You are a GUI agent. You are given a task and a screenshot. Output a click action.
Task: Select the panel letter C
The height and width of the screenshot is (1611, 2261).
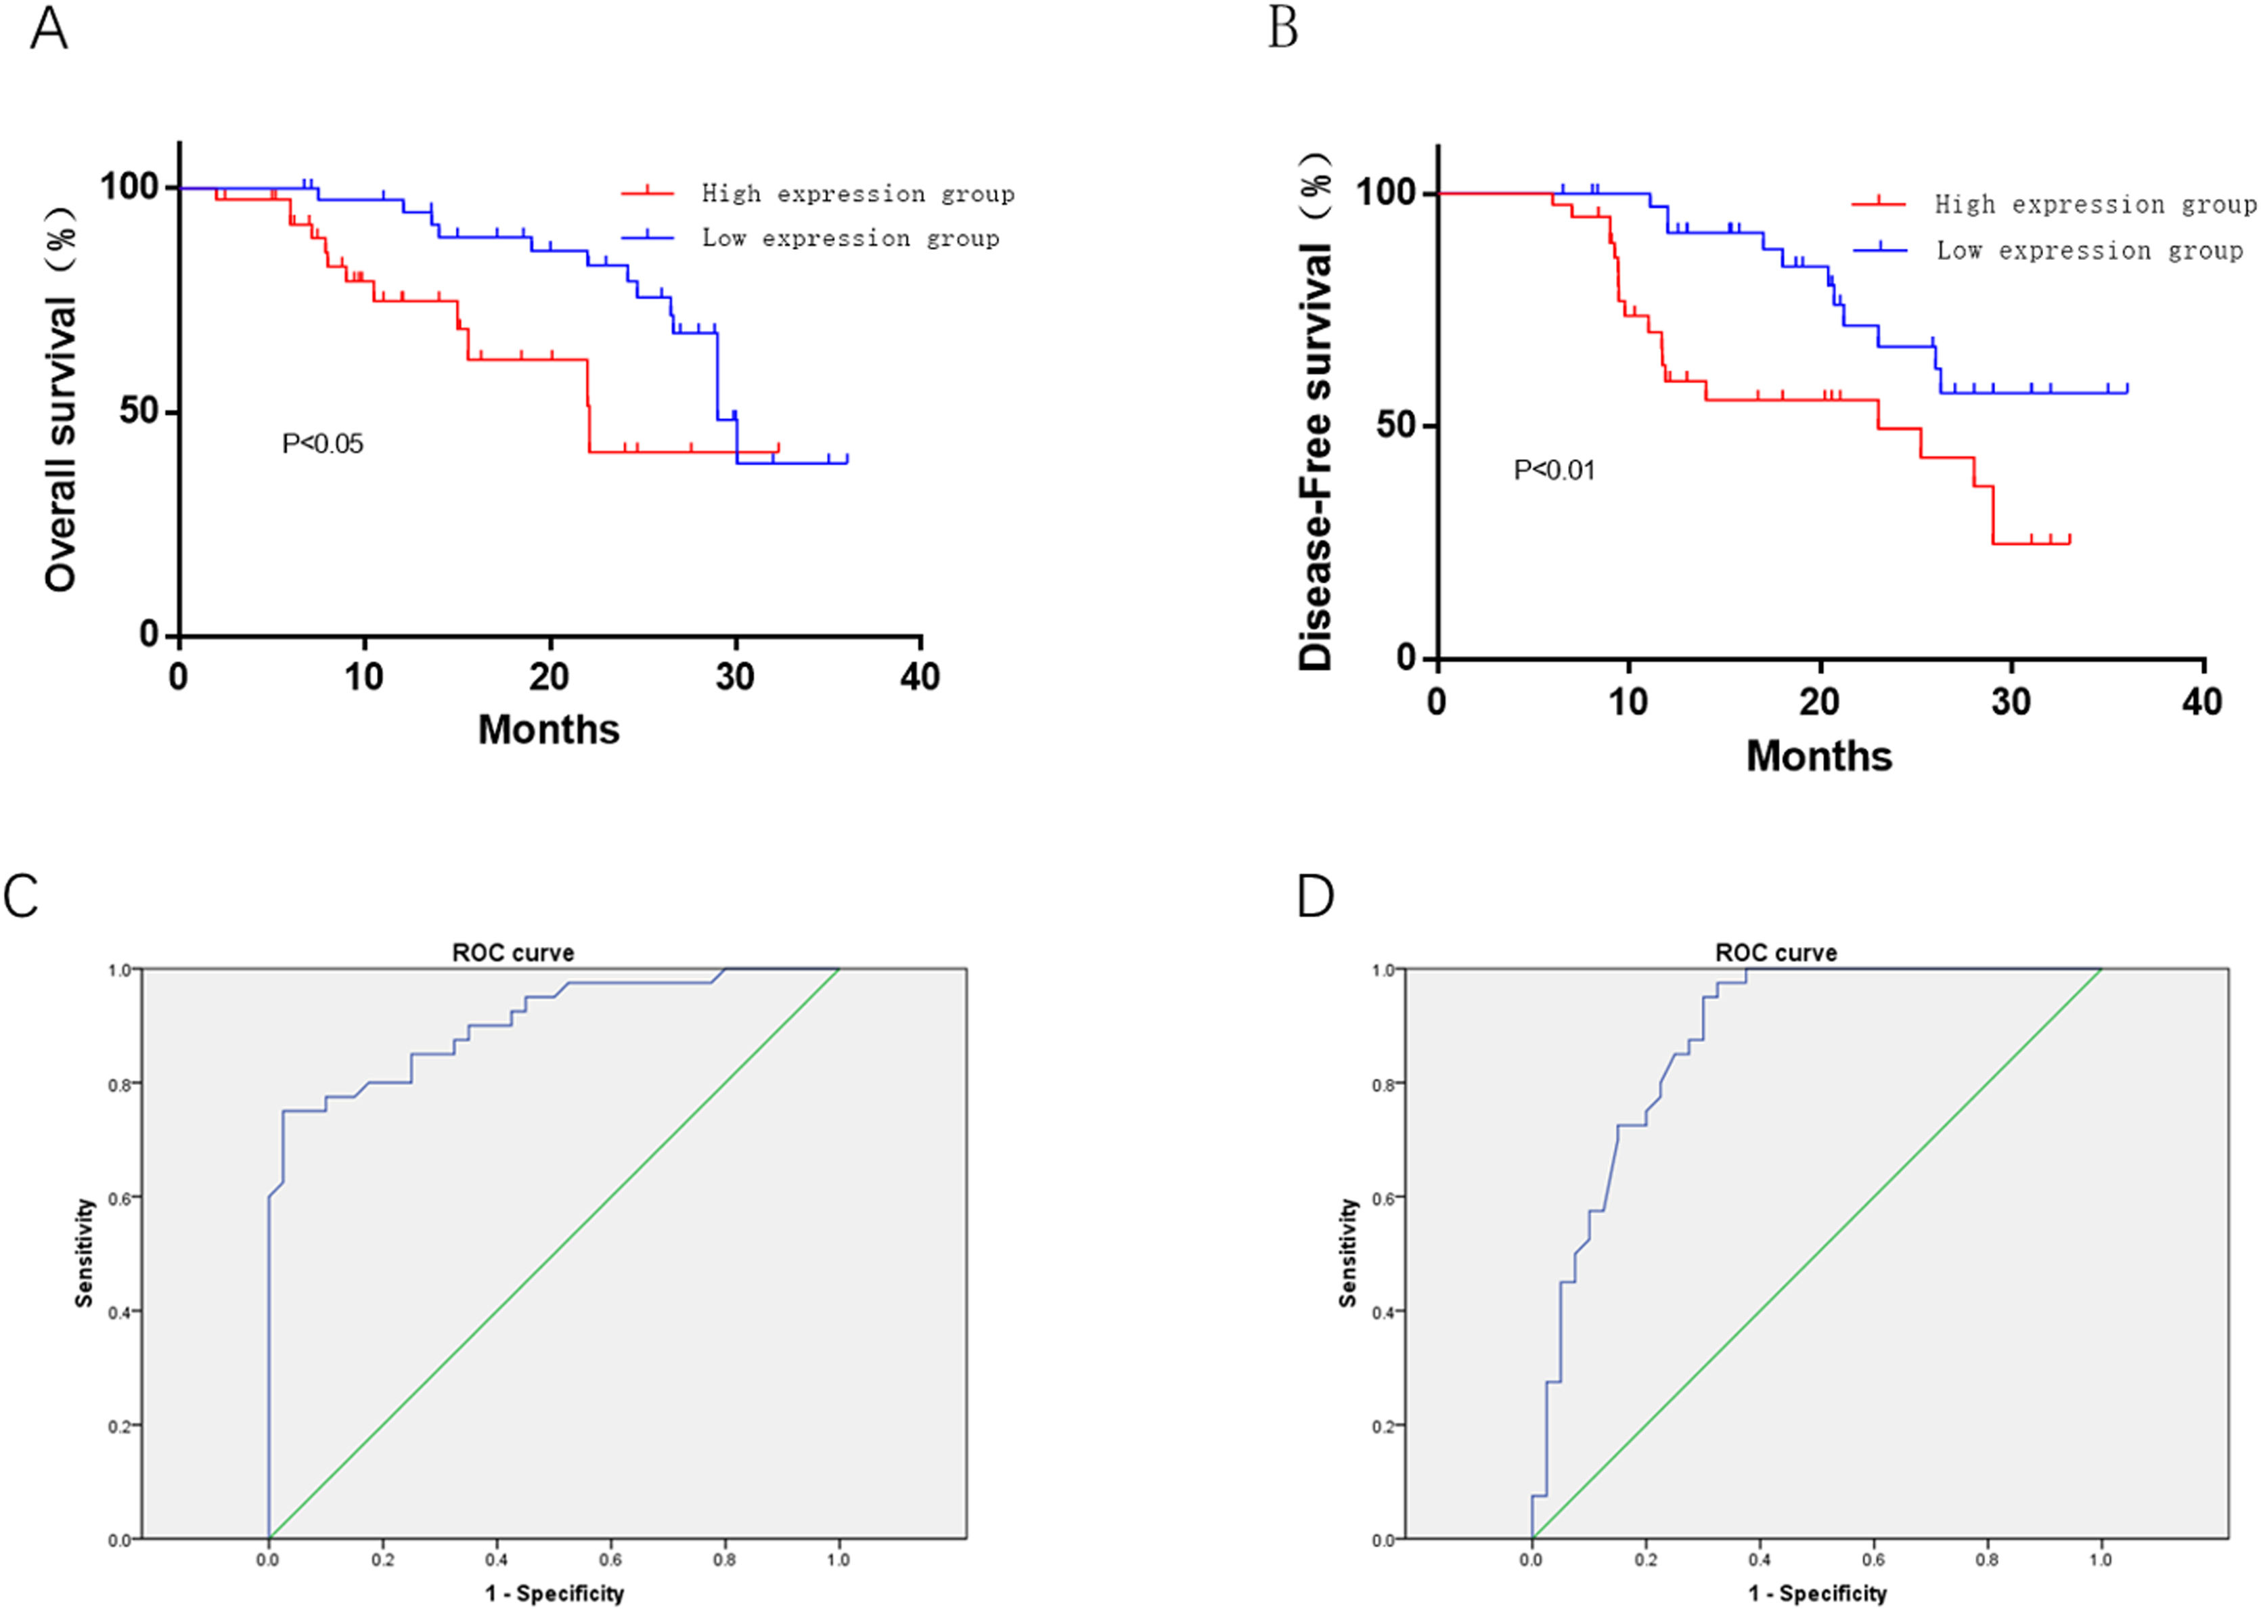[x=21, y=895]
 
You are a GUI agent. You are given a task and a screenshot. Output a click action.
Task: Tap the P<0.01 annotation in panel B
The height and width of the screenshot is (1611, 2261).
[x=1554, y=470]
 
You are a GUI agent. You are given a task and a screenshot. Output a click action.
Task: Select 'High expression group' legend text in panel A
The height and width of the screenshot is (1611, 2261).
[x=858, y=194]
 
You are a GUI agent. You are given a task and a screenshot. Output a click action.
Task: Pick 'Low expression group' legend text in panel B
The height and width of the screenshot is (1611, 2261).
[x=2089, y=251]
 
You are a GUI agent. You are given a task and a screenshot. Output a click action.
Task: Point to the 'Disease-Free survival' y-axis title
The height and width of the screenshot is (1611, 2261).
[x=1316, y=412]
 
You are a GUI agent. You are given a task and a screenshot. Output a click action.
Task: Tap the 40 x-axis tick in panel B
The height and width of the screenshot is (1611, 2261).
[x=2201, y=703]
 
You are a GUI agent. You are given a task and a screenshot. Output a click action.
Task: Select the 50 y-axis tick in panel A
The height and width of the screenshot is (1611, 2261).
[x=139, y=411]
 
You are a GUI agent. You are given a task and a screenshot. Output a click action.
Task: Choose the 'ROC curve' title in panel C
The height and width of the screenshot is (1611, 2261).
[x=513, y=952]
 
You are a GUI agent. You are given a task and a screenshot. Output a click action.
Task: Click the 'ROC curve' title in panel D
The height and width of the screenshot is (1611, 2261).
[x=1775, y=952]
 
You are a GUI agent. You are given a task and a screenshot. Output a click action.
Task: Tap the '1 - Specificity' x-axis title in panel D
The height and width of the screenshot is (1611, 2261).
[x=1817, y=1593]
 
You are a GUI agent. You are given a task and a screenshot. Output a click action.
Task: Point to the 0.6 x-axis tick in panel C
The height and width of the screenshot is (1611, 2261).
[x=610, y=1560]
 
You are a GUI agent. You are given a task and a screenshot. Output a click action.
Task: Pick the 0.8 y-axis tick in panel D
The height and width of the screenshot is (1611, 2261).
[x=1383, y=1085]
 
